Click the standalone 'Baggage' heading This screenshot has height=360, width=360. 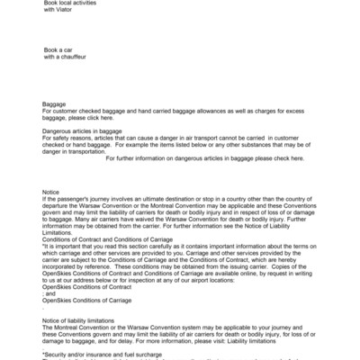click(x=55, y=103)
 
